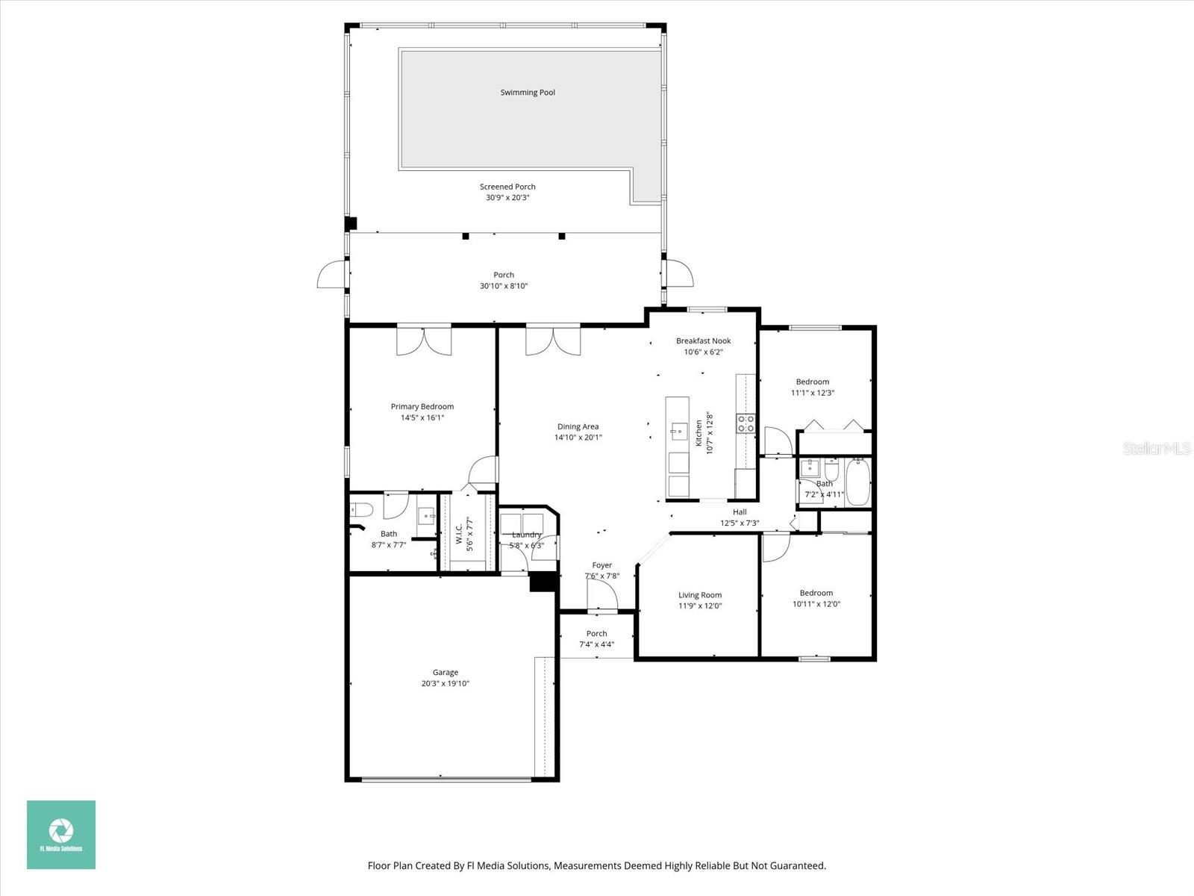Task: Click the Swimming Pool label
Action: point(528,93)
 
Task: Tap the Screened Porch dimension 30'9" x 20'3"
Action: point(507,198)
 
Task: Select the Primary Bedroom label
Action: point(422,407)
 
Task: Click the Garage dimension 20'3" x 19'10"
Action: point(446,684)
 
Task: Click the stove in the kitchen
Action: point(746,424)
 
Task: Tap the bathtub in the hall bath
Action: point(857,482)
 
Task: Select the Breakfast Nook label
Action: point(703,341)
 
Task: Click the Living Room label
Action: point(700,595)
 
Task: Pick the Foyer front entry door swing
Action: point(602,595)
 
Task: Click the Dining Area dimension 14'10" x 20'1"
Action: point(578,438)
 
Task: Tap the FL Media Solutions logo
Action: point(61,834)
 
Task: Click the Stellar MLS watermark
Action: point(1156,448)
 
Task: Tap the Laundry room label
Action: point(526,535)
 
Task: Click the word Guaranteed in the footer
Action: point(798,866)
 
